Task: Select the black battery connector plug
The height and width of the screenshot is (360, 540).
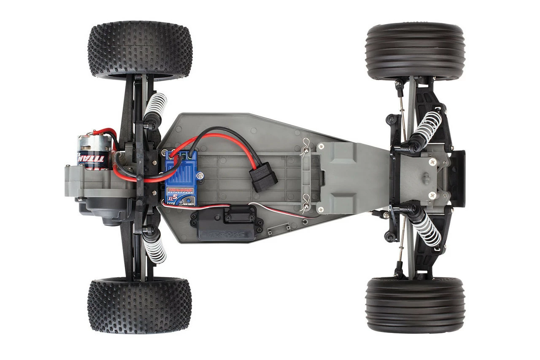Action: [x=264, y=177]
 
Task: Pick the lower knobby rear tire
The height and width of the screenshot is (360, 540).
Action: [x=139, y=305]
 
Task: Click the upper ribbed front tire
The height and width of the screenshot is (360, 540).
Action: [x=416, y=51]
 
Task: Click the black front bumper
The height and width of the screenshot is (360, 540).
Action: [x=458, y=178]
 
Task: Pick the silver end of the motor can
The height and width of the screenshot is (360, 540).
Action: [x=89, y=143]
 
